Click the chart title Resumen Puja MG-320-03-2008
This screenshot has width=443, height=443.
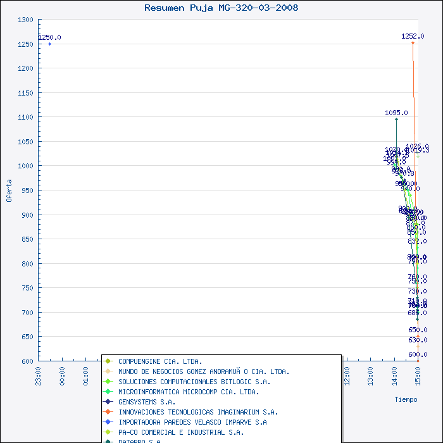coord(221,8)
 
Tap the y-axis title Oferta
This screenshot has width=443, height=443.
coord(9,190)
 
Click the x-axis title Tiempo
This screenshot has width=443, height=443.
coord(406,399)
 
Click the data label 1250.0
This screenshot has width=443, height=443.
coord(49,37)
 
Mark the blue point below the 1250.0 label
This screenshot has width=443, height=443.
coord(49,44)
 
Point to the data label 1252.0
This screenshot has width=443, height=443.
coord(413,36)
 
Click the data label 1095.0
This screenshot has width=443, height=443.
coord(396,113)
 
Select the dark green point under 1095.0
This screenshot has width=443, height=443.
coord(396,119)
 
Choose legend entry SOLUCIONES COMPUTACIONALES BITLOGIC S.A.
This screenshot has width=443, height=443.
coord(194,382)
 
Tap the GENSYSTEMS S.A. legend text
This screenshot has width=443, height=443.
coord(147,402)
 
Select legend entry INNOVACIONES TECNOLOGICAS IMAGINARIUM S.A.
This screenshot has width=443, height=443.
coord(198,412)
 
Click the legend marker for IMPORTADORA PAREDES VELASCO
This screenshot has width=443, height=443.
coord(109,422)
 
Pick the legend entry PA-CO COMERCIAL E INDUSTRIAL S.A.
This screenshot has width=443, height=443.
coord(181,432)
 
